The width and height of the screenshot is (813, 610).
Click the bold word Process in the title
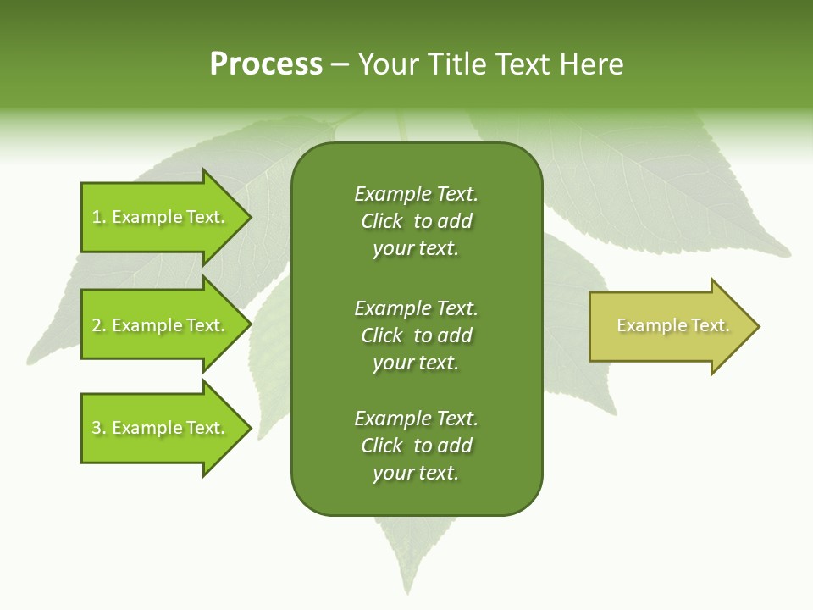[x=266, y=64]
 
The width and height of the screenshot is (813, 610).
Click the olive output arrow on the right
[x=669, y=326]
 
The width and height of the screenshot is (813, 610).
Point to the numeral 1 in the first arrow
[x=97, y=217]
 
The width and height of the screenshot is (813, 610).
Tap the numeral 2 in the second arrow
[x=97, y=325]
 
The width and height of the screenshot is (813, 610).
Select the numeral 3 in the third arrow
[x=97, y=428]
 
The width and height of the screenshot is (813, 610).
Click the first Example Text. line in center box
[x=416, y=194]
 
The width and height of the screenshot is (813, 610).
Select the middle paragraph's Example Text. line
[x=416, y=308]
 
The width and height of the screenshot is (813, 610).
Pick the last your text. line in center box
[x=416, y=473]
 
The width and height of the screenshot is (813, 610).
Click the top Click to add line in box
[x=416, y=221]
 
